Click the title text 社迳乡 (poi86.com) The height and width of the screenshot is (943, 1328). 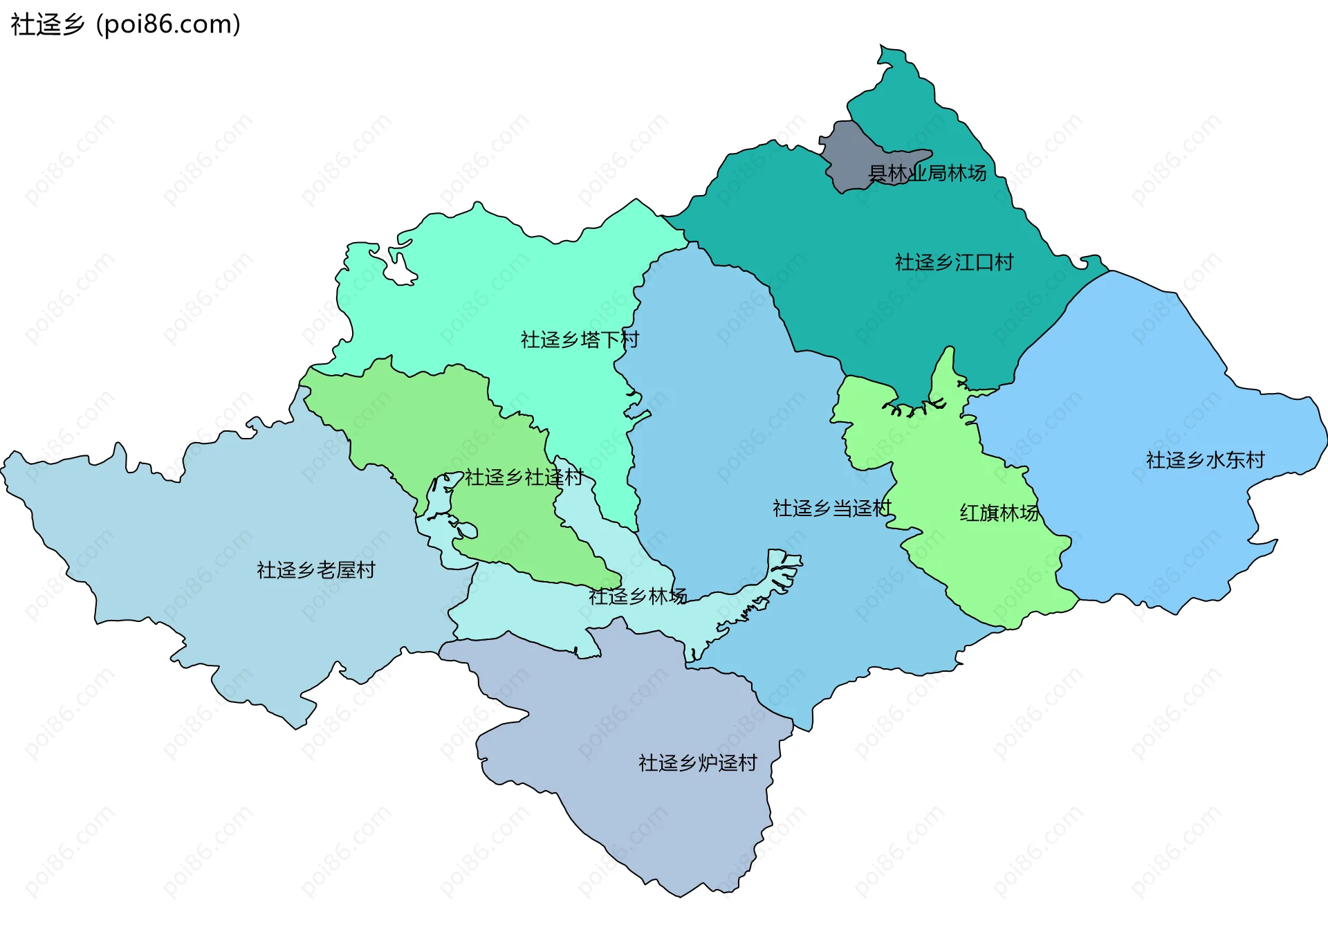(x=125, y=24)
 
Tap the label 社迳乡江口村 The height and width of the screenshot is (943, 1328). (x=954, y=262)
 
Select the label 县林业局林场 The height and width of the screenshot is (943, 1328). (x=927, y=173)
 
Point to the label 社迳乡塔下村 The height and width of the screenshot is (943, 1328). (x=580, y=340)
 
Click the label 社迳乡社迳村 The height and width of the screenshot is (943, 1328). (x=524, y=477)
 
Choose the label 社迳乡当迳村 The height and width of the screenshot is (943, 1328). (x=832, y=509)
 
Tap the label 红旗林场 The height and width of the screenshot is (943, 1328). (x=999, y=513)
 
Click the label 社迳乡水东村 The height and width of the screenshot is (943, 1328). (x=1205, y=460)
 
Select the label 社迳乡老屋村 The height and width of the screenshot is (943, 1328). (x=315, y=570)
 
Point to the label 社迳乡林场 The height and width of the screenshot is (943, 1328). (x=637, y=596)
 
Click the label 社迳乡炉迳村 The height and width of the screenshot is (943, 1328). (x=697, y=763)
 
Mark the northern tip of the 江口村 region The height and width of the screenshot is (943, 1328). (x=883, y=48)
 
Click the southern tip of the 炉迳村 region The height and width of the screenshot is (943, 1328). (x=681, y=895)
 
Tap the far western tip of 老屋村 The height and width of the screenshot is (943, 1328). (x=3, y=468)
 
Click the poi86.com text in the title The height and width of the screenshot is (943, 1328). (x=168, y=24)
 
